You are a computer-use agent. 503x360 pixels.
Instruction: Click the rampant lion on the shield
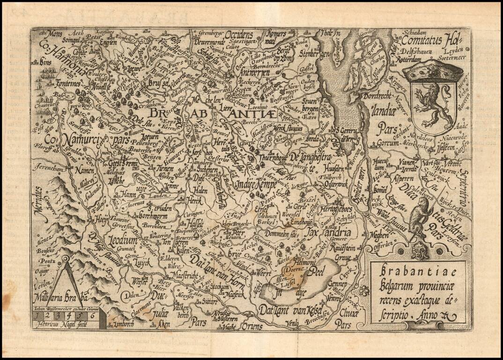pos(432,106)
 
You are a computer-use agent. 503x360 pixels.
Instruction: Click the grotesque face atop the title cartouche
pos(420,251)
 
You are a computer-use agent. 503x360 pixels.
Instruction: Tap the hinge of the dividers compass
pos(65,259)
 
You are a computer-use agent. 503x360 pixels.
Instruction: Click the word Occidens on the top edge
pos(241,35)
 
